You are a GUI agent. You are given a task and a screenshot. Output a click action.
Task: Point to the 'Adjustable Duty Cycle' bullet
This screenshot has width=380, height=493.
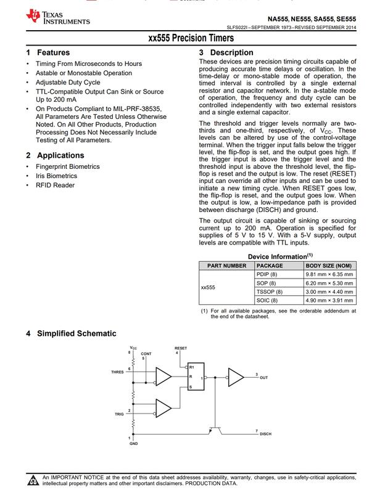coord(68,82)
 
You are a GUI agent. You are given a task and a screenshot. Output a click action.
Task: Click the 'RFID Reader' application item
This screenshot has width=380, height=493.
coord(56,185)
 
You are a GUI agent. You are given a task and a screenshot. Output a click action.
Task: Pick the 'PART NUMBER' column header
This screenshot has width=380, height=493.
coord(226,266)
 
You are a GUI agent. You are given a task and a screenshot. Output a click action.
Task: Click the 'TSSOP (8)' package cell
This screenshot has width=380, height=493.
coord(269,291)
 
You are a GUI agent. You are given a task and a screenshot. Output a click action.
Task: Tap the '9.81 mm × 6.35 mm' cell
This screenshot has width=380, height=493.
coord(329,274)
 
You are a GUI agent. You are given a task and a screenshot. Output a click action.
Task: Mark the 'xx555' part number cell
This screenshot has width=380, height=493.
coord(209,287)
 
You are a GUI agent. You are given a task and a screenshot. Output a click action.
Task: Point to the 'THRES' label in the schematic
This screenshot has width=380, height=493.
coord(117,372)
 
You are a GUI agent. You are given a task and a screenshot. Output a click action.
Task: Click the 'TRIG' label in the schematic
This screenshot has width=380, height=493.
coord(119,414)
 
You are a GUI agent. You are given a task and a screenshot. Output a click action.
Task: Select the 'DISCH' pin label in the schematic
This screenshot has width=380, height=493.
coord(265,434)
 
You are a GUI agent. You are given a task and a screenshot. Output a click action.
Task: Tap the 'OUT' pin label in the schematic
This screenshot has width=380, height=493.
coord(263,377)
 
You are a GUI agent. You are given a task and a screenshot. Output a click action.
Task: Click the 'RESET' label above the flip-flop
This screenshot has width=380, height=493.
coord(181,349)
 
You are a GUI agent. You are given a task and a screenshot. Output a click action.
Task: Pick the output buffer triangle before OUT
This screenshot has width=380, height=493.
coord(236,377)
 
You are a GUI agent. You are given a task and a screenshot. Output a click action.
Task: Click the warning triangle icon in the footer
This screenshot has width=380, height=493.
coord(33,480)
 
